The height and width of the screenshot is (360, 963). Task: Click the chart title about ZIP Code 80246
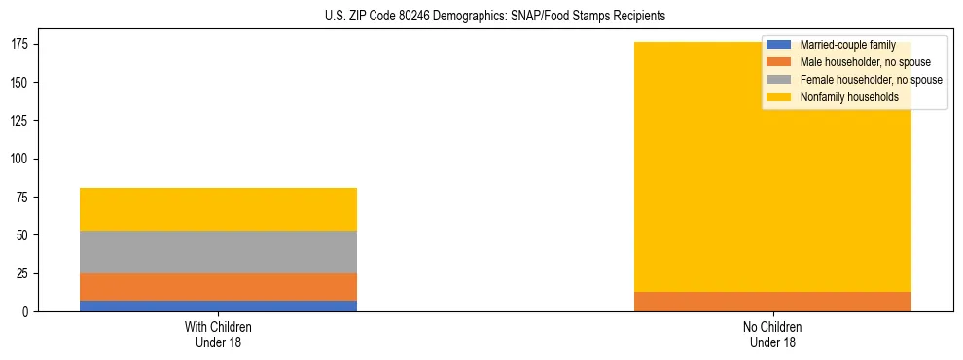[x=495, y=17]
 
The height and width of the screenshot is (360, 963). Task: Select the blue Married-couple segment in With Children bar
[x=218, y=306]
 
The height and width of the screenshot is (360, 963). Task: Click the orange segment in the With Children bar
[x=218, y=287]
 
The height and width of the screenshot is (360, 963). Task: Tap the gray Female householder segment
[x=218, y=252]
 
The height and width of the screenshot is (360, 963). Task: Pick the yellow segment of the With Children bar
[x=218, y=209]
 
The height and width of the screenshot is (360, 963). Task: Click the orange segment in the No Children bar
[x=772, y=302]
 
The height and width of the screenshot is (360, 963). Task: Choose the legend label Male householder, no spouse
[x=865, y=62]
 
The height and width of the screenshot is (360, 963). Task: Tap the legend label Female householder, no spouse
[x=871, y=80]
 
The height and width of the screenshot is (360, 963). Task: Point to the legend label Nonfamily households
[x=848, y=97]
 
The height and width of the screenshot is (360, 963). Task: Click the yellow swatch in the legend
[x=779, y=97]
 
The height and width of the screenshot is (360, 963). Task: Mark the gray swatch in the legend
[x=779, y=80]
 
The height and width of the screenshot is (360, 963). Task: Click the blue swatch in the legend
[x=779, y=45]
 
